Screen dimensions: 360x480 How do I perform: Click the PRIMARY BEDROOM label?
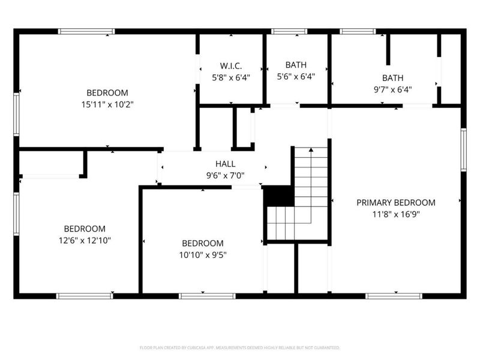pyautogui.click(x=396, y=203)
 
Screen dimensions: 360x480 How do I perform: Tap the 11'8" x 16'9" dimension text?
pyautogui.click(x=396, y=214)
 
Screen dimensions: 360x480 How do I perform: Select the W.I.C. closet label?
pyautogui.click(x=230, y=65)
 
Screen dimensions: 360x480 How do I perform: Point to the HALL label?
pyautogui.click(x=226, y=164)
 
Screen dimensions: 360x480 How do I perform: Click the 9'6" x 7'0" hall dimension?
pyautogui.click(x=226, y=176)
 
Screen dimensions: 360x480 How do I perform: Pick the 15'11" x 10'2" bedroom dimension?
pyautogui.click(x=107, y=104)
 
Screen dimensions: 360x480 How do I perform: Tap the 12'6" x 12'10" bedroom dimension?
pyautogui.click(x=85, y=240)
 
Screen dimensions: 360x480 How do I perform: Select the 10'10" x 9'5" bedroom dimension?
pyautogui.click(x=202, y=254)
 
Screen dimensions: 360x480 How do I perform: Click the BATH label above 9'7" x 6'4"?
pyautogui.click(x=393, y=77)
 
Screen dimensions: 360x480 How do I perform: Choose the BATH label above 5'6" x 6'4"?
pyautogui.click(x=296, y=65)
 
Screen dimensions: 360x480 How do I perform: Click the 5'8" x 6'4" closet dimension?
pyautogui.click(x=230, y=77)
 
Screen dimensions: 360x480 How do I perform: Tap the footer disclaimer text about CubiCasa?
pyautogui.click(x=239, y=347)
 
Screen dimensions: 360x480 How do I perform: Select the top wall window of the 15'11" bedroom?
pyautogui.click(x=86, y=31)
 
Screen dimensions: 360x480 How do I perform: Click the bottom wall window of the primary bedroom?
pyautogui.click(x=394, y=296)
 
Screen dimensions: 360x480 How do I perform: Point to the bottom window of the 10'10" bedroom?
pyautogui.click(x=207, y=296)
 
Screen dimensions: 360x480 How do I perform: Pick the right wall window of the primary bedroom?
pyautogui.click(x=464, y=150)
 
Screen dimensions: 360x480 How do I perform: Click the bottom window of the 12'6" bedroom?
pyautogui.click(x=84, y=296)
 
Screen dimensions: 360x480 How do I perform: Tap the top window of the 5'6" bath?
pyautogui.click(x=289, y=31)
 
